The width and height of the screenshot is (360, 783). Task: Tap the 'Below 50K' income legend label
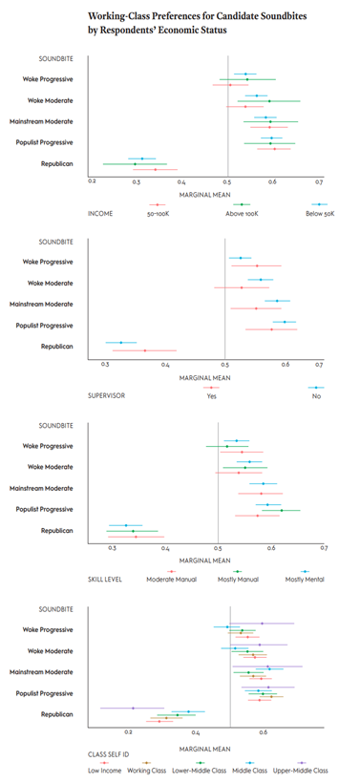pos(320,213)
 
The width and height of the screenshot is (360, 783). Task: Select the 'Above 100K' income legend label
pos(243,213)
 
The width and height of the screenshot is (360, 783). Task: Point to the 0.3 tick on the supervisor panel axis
pos(105,365)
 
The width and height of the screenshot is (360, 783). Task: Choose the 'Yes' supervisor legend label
pos(211,396)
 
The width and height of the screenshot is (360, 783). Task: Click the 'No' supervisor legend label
pos(316,396)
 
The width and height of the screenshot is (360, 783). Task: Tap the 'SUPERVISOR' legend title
pos(106,396)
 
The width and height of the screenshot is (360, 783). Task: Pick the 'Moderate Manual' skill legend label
pos(171,580)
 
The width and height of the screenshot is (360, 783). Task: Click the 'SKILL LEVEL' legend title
pos(105,580)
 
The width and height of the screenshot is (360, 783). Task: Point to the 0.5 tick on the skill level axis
pos(218,549)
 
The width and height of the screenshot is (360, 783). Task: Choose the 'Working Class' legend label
pos(146,771)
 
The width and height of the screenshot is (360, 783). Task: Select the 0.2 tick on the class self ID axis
pos(129,732)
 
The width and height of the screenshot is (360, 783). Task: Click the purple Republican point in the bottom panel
pos(133,708)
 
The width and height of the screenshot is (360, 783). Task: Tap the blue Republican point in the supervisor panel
pos(121,343)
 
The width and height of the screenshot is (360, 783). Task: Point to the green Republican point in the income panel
pos(135,164)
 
